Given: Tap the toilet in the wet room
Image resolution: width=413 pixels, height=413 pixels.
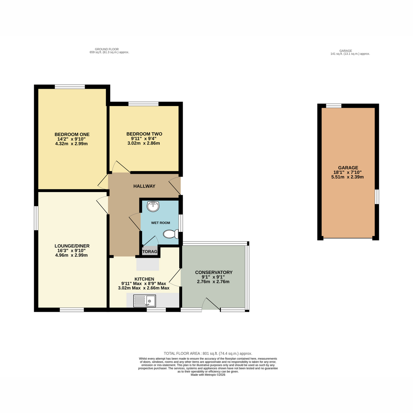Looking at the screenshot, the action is tap(171, 234).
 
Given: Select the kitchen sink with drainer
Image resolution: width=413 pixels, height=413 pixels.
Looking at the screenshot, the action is tap(145, 301).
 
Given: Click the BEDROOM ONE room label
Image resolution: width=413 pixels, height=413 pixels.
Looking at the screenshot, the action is tap(72, 134).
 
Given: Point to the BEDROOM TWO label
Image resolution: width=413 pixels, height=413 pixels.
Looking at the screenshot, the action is tap(144, 134).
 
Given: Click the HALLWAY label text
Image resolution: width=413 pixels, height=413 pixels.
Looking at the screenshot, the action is tap(144, 186).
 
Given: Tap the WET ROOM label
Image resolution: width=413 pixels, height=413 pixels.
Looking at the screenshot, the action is tap(160, 223).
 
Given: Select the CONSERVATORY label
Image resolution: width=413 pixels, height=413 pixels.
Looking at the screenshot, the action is tap(214, 272).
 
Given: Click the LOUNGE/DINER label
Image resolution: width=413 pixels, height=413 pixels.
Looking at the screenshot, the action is tap(72, 246).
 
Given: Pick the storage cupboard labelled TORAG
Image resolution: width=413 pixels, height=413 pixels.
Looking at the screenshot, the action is tap(150, 251).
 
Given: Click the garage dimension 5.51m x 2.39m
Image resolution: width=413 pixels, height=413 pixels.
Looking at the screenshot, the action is tap(347, 177).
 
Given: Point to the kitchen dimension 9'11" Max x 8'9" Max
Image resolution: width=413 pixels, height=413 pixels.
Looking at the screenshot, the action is tap(144, 284).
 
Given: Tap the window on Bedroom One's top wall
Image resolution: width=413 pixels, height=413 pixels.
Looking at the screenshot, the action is tap(70, 87).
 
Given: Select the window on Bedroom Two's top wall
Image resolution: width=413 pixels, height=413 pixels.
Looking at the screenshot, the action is tap(144, 104).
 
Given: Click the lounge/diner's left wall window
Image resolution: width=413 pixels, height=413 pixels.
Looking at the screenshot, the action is tap(36, 218).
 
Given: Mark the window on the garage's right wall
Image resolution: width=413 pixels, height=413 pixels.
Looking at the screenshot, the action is tap(377, 197).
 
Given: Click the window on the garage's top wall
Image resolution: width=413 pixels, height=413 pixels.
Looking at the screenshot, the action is tap(334, 106).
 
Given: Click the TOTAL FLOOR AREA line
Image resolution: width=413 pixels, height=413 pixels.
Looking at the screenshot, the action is tap(208, 353).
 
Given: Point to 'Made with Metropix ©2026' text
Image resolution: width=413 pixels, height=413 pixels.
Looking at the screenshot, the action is tap(208, 375).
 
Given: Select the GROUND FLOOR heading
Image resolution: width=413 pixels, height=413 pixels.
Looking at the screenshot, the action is tap(107, 49).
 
